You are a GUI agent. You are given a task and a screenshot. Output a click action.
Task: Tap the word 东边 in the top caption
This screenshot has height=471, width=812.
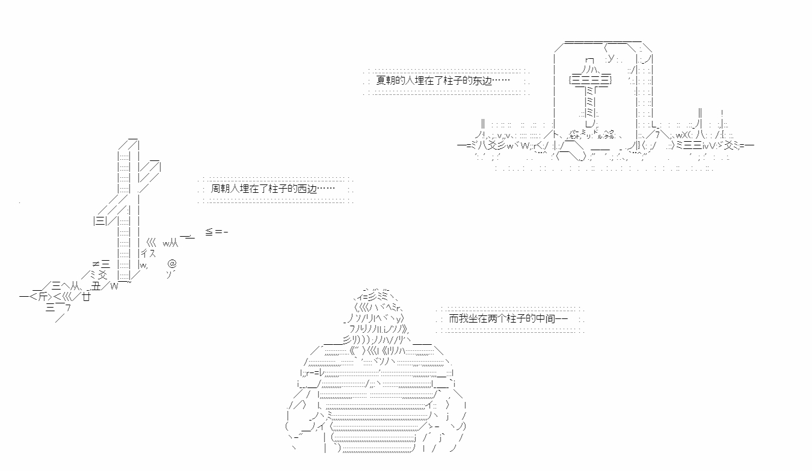[482, 81]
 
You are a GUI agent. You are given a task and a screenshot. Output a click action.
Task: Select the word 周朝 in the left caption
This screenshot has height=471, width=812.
[220, 189]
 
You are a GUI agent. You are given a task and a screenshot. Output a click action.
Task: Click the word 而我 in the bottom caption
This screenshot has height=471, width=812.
[458, 318]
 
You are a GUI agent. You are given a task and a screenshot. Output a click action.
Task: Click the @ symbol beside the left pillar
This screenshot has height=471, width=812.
[172, 263]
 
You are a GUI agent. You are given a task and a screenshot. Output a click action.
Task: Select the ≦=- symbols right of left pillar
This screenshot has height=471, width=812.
[217, 232]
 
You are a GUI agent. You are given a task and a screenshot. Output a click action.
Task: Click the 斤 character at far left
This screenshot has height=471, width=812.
[43, 297]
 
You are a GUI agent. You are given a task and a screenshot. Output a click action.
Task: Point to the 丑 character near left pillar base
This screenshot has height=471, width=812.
[96, 287]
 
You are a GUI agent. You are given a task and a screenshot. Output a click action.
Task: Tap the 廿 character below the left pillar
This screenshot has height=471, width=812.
[86, 297]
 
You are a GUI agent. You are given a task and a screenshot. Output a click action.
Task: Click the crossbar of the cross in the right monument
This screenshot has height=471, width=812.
[591, 79]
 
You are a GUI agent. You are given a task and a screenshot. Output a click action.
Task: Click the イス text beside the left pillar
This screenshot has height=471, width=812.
[148, 254]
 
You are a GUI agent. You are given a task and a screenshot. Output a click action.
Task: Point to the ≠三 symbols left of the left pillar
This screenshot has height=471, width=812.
[101, 264]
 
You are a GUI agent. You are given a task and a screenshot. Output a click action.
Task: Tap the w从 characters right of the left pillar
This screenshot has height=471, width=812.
[170, 243]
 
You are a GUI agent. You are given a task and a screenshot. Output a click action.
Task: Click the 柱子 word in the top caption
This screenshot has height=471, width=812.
[449, 81]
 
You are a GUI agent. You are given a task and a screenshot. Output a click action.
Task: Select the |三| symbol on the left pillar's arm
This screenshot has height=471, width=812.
[100, 220]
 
